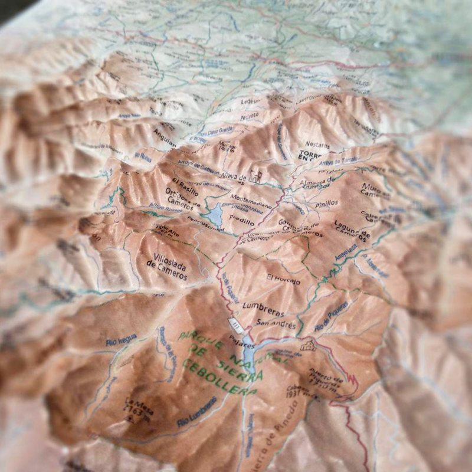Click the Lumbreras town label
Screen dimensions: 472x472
click(x=263, y=313)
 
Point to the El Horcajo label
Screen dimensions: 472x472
click(x=283, y=280)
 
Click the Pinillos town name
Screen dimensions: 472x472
click(x=326, y=203)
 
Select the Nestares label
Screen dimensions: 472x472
click(x=317, y=143)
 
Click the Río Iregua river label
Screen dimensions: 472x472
click(x=121, y=339)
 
